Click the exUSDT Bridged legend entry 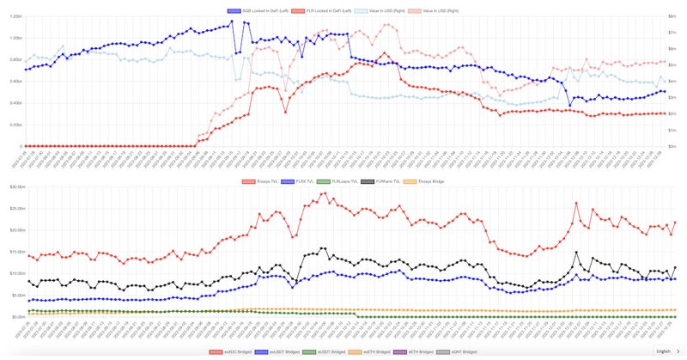(277, 351)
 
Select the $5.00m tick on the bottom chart (12, 295)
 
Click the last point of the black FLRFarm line (675, 267)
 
